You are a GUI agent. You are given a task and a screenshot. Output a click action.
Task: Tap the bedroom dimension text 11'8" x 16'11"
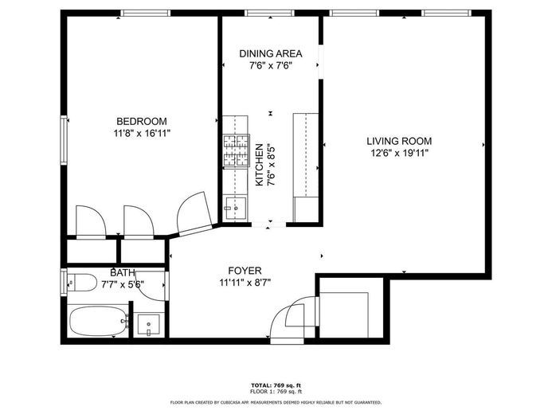click(x=143, y=134)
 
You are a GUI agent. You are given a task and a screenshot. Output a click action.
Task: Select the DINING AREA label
click(x=271, y=53)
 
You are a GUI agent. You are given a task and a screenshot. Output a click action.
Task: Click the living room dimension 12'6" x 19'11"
click(x=399, y=153)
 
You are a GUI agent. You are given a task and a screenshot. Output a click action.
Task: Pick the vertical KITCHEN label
click(x=259, y=165)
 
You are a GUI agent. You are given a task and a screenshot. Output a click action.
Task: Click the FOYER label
click(x=245, y=271)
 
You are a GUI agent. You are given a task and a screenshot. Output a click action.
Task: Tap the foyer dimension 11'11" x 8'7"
click(x=245, y=283)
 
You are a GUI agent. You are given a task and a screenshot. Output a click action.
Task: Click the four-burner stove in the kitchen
click(x=236, y=151)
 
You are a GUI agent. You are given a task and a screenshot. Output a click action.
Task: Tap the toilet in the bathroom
click(x=78, y=280)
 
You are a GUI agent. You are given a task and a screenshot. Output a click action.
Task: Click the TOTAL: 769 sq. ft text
click(x=275, y=385)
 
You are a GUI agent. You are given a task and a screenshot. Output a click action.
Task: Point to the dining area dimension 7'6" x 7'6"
click(x=271, y=66)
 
